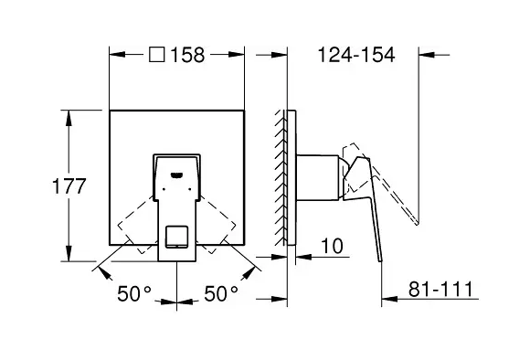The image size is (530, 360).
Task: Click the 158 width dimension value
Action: click(x=187, y=55)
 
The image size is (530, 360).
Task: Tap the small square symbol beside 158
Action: click(x=157, y=55)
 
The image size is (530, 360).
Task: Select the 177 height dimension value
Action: click(x=69, y=185)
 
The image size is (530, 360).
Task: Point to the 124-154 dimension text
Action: click(x=356, y=55)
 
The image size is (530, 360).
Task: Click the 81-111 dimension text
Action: click(x=440, y=289)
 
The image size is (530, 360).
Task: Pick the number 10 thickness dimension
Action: click(x=332, y=246)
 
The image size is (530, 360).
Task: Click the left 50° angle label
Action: click(x=134, y=293)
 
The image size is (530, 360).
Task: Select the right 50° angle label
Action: click(x=221, y=293)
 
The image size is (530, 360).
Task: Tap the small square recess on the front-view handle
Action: click(x=176, y=237)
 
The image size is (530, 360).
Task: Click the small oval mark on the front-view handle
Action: click(x=177, y=175)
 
